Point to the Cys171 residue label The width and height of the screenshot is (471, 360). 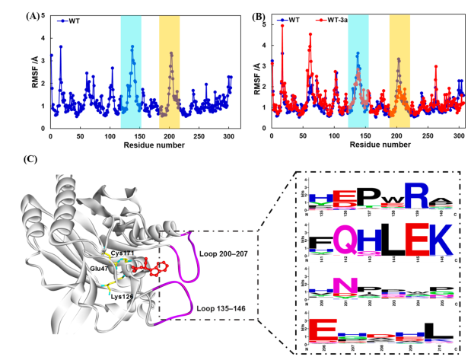click(x=125, y=252)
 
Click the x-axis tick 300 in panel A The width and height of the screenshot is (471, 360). click(x=229, y=135)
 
